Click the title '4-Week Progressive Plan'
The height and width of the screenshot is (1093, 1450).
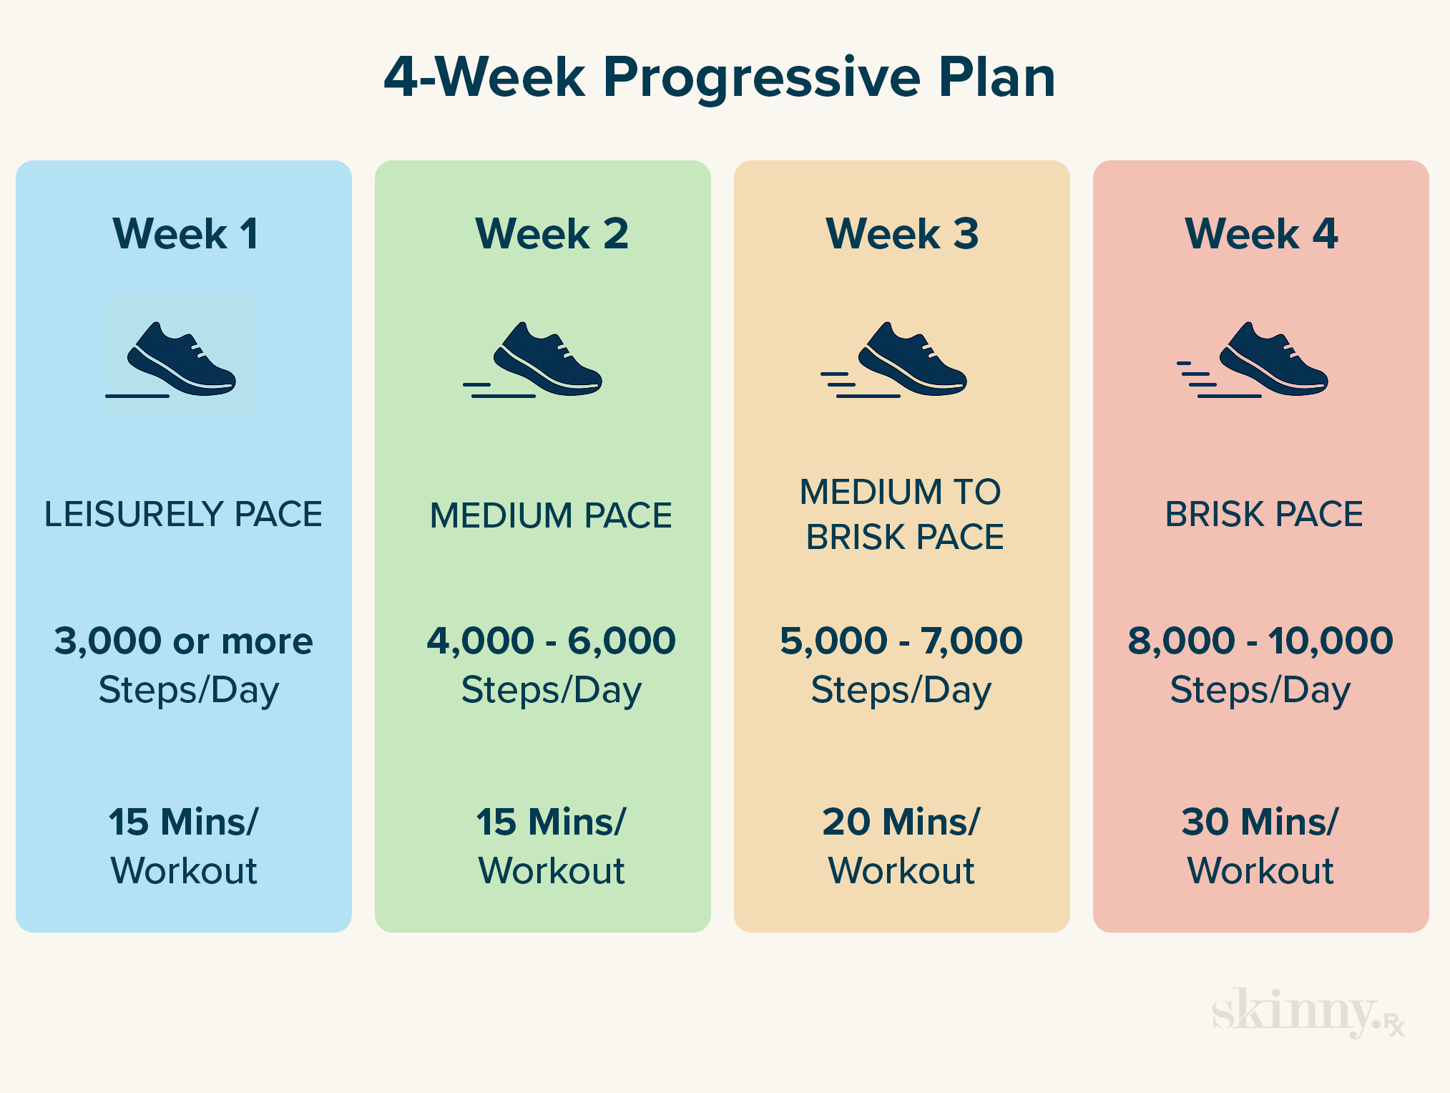[x=720, y=77]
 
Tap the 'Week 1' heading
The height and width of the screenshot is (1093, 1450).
[x=185, y=233]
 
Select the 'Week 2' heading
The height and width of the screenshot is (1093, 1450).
[x=552, y=233]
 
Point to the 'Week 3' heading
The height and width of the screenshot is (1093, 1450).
[x=902, y=233]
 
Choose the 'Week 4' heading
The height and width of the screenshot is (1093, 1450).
[x=1261, y=233]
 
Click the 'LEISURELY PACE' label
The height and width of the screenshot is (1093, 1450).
[x=183, y=515]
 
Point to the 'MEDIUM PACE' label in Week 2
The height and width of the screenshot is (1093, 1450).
[x=551, y=515]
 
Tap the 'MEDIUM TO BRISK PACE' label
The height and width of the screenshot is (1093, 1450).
[x=903, y=515]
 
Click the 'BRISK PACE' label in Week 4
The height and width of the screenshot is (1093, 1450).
[x=1264, y=515]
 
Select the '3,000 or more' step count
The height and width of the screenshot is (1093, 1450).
[x=184, y=641]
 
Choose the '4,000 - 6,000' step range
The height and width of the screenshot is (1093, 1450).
[x=551, y=641]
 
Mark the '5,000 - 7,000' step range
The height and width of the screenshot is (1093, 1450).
[x=901, y=641]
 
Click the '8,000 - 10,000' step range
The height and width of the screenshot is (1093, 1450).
[x=1260, y=641]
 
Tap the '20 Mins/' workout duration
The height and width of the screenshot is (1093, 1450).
[x=901, y=822]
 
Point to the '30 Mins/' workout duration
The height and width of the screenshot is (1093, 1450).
[x=1260, y=822]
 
